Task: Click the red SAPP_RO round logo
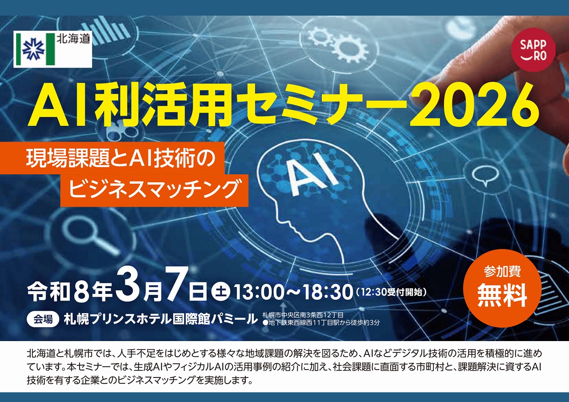(x=533, y=49)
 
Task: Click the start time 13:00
(x=254, y=292)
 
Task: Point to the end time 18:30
(x=328, y=292)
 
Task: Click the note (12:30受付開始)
(x=391, y=293)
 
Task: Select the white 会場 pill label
(x=43, y=318)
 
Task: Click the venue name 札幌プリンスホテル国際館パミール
(x=160, y=318)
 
